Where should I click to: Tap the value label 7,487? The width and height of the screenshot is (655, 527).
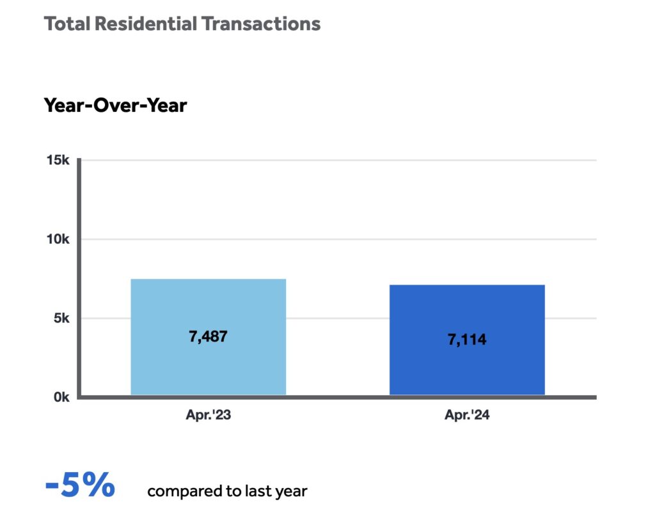coord(208,336)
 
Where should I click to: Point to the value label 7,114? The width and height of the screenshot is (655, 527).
coord(467,340)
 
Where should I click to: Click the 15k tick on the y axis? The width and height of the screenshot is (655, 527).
coord(58,160)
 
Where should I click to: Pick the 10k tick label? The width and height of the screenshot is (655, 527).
coord(58,239)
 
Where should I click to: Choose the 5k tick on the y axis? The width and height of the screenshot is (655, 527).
coord(61,319)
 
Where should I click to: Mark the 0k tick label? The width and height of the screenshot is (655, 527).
coord(61,397)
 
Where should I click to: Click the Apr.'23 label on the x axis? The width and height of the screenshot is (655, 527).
coord(208,415)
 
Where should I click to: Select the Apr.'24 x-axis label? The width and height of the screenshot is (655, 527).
coord(467,415)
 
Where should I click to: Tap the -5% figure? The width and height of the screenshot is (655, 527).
coord(80,486)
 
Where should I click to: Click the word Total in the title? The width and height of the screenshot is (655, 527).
coord(67,24)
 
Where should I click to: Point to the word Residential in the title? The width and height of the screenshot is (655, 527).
coord(145,24)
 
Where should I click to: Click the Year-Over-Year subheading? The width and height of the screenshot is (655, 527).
coord(115,105)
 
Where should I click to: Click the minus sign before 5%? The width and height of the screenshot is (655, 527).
coord(52,487)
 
